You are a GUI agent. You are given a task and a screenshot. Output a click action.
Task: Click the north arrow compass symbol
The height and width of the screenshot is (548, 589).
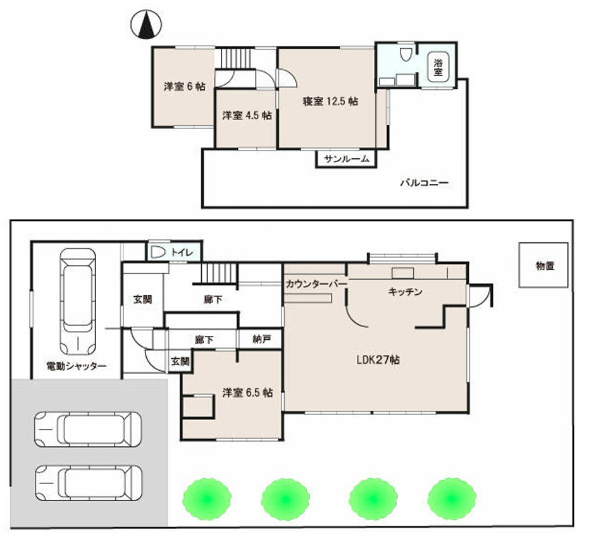pos(146,25)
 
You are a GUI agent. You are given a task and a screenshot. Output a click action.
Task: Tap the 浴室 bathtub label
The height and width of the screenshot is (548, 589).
pos(438,67)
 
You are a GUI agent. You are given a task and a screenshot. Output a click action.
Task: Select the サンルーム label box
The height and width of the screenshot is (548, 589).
pos(346,159)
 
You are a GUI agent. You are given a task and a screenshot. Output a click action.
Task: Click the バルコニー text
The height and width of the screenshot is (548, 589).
pos(424,184)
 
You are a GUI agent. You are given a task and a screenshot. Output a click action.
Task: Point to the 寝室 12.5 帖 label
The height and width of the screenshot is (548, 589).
pos(330,101)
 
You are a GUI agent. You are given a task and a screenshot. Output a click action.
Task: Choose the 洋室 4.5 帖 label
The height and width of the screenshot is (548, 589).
pos(247,115)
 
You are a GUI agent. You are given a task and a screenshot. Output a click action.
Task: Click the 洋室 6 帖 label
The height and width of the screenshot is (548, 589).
pos(185,87)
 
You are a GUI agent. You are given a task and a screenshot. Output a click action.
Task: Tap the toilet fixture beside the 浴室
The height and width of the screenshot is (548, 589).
pos(405,55)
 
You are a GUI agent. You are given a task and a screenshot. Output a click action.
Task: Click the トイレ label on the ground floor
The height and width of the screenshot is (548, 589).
pos(182,252)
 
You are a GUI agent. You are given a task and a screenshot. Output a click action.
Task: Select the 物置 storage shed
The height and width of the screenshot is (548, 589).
pos(543,265)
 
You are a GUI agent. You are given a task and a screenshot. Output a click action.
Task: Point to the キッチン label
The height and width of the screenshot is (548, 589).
pos(406,292)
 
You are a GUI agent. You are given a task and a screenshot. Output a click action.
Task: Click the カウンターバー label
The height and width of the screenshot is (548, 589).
pos(316,284)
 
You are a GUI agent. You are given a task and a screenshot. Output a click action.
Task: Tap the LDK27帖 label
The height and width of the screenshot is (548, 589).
pos(378,360)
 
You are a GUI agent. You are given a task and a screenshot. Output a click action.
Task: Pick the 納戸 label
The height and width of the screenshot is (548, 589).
pos(262,339)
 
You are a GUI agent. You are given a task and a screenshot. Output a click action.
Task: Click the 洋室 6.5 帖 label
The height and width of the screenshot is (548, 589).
pos(247,393)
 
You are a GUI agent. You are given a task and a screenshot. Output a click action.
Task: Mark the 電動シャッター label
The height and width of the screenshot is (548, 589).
pos(77,366)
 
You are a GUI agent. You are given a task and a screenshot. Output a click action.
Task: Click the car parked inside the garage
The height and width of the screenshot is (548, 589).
pos(78,302)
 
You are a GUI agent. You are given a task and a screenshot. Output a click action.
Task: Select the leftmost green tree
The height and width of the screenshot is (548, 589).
pos(207,499)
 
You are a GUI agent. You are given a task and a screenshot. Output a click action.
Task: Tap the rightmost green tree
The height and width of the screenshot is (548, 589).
pos(452,499)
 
